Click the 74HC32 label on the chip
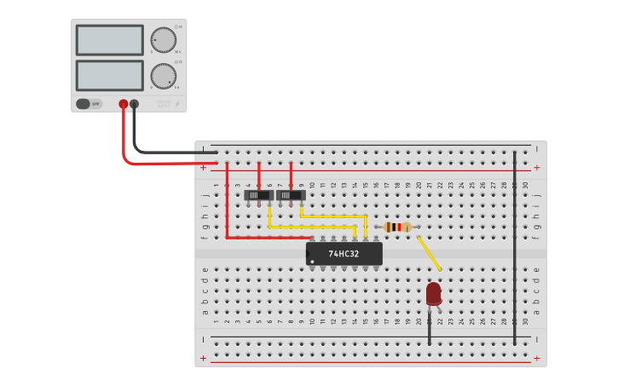(344, 254)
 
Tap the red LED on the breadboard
(434, 293)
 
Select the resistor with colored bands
(397, 227)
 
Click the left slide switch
(258, 195)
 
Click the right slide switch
(291, 195)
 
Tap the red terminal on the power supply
(124, 104)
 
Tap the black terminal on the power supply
(134, 104)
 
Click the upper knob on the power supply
(163, 40)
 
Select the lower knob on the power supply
(163, 76)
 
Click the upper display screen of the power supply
(109, 40)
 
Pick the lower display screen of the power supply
(109, 75)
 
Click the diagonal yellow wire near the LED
(429, 253)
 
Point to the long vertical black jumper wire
(515, 247)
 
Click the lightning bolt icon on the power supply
(177, 105)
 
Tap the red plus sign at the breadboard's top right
(537, 168)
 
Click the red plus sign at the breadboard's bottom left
(203, 359)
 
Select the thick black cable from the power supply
(162, 153)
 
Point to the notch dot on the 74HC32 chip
(312, 261)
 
